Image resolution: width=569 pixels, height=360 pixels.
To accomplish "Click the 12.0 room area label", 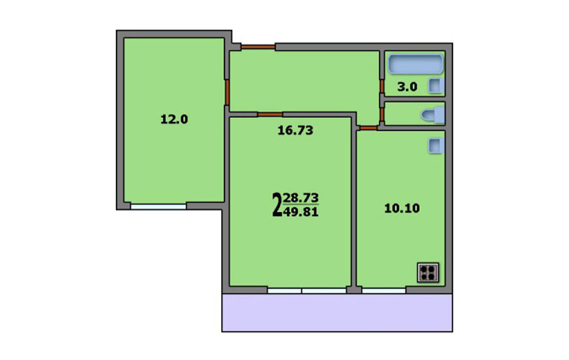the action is click(174, 119).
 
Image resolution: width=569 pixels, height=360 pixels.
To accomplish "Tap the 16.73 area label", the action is click(296, 130).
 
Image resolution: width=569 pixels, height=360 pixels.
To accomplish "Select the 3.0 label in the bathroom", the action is click(407, 87).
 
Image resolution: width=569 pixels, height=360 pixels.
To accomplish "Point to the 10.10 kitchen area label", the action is click(402, 208).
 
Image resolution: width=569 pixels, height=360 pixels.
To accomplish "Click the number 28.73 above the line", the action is click(301, 198).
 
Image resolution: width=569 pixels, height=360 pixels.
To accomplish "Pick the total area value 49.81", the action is click(301, 211).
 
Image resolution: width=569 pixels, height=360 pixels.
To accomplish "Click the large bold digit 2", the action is click(277, 205).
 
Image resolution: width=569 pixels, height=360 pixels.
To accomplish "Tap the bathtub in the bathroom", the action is click(415, 64).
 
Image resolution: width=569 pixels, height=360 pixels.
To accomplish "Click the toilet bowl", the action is click(433, 115).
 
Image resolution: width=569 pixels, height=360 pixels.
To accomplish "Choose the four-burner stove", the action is click(428, 272).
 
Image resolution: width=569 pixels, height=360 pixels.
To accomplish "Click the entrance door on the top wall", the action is click(258, 47).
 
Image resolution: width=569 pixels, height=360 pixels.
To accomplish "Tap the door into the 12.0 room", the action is click(227, 92).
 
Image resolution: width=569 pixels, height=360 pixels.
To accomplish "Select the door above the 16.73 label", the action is click(270, 115).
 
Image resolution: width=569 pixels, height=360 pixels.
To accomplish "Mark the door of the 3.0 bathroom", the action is click(382, 86).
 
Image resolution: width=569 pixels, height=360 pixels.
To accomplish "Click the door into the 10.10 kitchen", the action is click(369, 128).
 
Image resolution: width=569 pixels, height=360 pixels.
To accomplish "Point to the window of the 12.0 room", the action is click(158, 207).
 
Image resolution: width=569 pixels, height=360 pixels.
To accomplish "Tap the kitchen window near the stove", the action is click(383, 291).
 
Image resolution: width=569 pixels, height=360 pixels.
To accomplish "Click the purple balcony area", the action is click(337, 313).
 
